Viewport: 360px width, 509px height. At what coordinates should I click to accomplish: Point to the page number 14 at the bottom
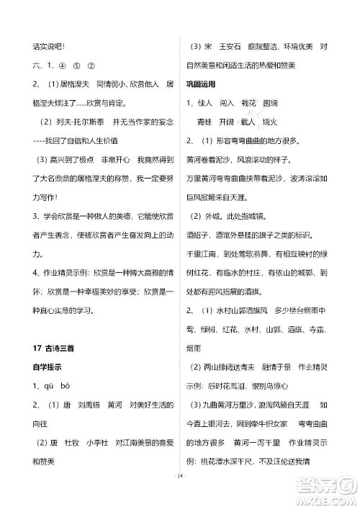(180, 495)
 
